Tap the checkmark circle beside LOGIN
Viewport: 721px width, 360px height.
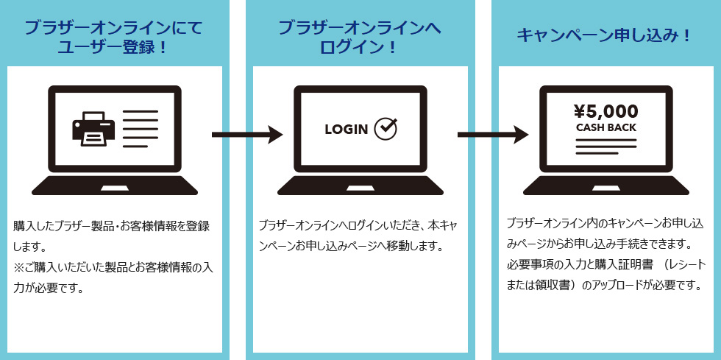click(386, 129)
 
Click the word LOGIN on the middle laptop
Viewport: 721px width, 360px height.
click(346, 130)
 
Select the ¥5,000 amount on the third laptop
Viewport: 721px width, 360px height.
click(605, 111)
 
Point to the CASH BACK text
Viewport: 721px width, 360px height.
click(605, 127)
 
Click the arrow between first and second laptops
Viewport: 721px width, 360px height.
click(247, 134)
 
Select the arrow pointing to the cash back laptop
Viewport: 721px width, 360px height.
click(493, 134)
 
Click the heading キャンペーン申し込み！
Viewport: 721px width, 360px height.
click(605, 35)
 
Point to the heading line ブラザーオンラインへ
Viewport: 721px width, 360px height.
click(359, 29)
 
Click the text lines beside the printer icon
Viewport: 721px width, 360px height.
click(140, 129)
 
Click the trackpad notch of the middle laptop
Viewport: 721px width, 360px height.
click(360, 188)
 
